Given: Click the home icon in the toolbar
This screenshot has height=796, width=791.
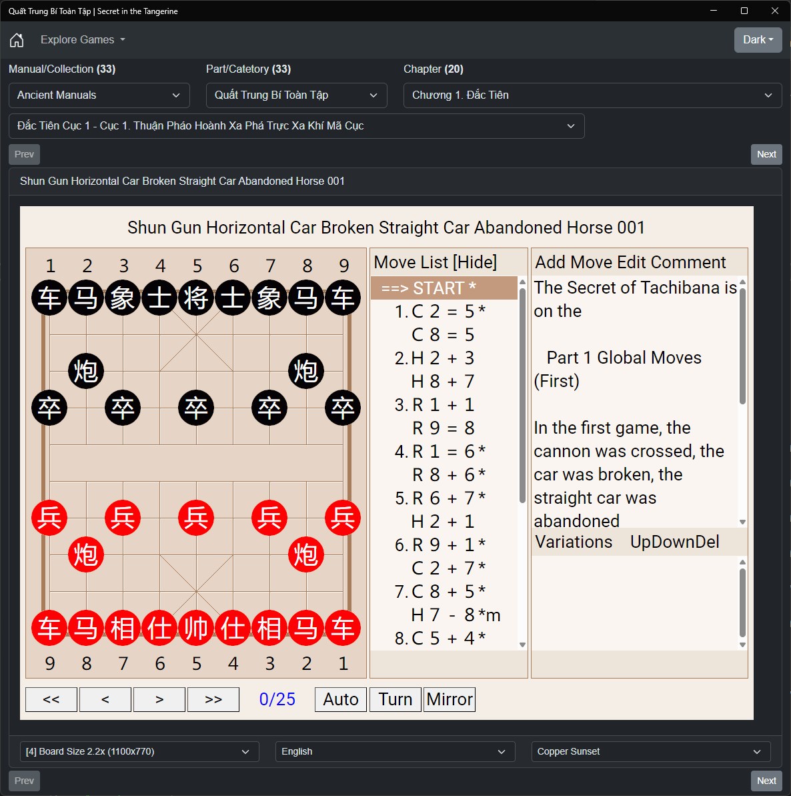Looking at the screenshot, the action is tap(17, 39).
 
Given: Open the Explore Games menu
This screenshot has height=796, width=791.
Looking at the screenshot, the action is tap(83, 39).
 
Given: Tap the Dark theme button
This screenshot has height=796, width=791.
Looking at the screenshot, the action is tap(758, 39).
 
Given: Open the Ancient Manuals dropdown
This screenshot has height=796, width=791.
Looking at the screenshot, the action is tap(99, 95).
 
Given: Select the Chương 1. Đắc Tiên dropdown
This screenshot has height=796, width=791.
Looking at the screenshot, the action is tap(593, 95).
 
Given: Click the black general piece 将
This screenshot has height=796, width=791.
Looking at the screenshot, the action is tap(196, 298).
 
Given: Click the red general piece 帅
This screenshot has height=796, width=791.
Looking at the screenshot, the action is tap(196, 628).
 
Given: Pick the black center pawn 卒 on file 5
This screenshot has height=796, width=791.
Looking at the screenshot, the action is tap(196, 408).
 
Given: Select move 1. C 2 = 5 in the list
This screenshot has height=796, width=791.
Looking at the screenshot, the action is tap(440, 311).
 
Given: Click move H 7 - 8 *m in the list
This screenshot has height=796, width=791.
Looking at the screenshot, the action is tap(455, 615).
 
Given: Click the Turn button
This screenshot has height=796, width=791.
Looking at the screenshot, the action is tap(395, 699).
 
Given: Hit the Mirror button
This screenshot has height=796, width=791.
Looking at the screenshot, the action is tap(450, 699).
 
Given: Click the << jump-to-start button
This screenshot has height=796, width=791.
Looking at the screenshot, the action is tap(51, 699).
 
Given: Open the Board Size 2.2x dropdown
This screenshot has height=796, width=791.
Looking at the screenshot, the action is tap(139, 751).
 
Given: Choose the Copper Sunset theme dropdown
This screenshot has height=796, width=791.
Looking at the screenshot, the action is tap(651, 751).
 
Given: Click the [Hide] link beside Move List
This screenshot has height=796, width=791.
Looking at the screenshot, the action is tap(475, 262).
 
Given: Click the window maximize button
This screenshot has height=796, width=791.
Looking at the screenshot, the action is tap(744, 11).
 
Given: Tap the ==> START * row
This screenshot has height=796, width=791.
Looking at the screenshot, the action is tap(444, 288).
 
